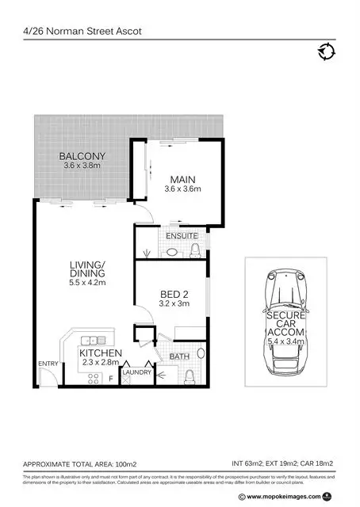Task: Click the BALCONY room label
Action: [82, 156]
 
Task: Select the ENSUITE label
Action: [182, 236]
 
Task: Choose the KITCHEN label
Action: [100, 353]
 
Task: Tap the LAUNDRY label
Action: [137, 371]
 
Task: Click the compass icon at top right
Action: [326, 52]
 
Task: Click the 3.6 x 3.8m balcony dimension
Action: [82, 166]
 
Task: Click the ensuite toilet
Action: [195, 250]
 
